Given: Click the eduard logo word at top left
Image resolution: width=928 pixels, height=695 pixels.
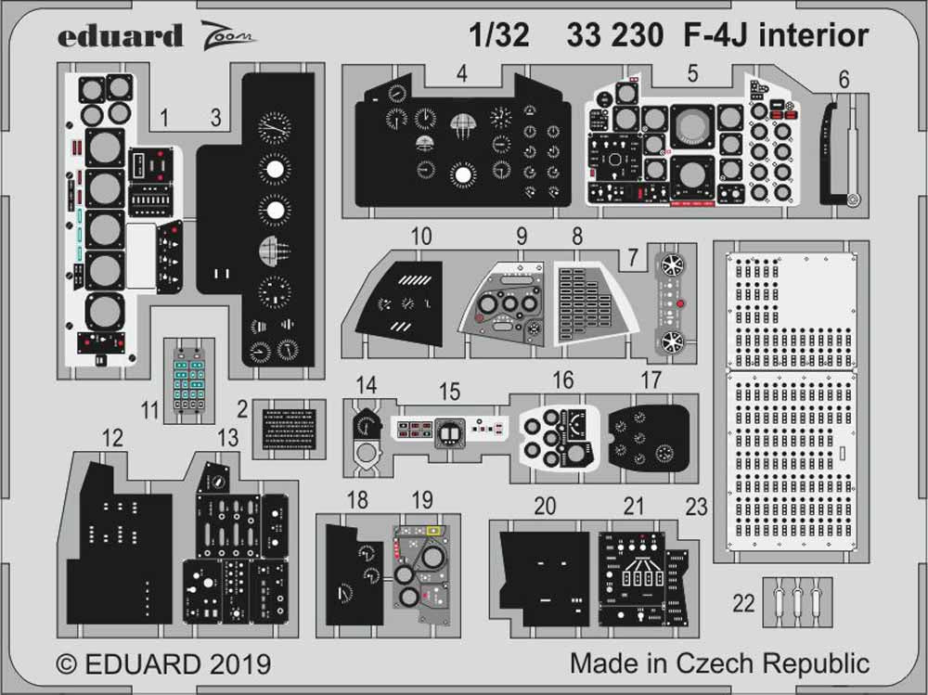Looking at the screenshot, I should click(121, 36).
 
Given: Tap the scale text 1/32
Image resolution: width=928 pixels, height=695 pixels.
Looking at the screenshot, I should click(499, 35).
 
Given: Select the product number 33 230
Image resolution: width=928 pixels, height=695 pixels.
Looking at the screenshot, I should click(613, 35).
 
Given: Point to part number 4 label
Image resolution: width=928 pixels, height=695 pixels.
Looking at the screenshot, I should click(461, 71).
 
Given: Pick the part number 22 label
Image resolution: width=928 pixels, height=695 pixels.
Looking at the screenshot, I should click(743, 603).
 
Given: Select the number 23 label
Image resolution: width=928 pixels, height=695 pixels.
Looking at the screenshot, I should click(695, 507).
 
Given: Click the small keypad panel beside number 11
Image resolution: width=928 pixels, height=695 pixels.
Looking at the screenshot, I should click(188, 380).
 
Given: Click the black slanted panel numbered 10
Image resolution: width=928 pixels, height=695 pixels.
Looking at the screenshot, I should click(401, 302).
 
